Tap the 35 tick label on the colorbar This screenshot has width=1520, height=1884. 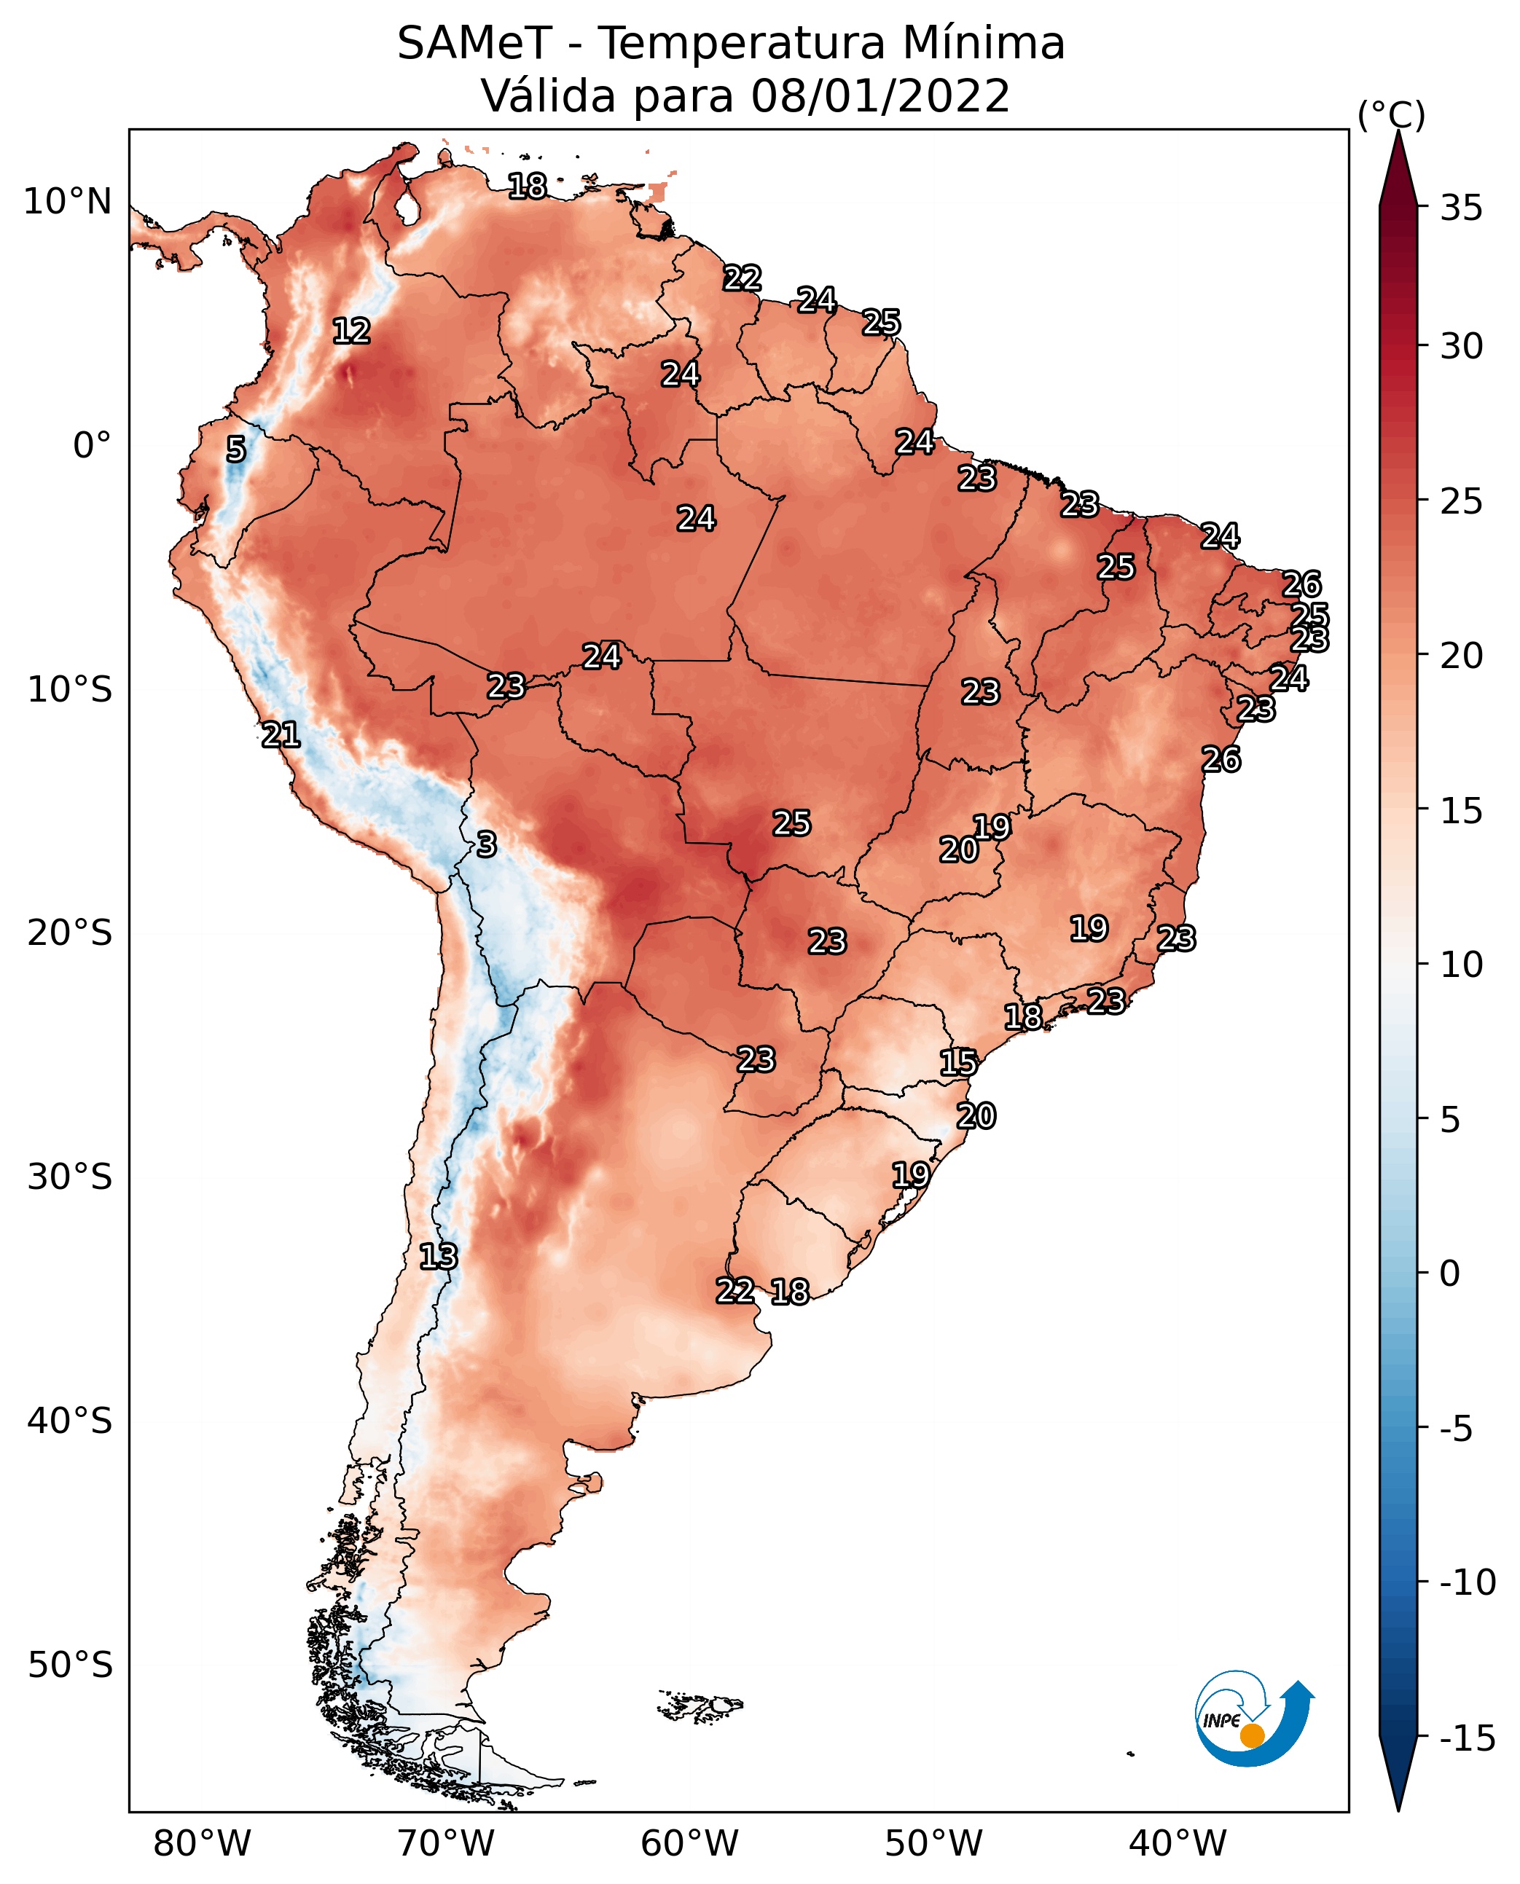tap(1461, 208)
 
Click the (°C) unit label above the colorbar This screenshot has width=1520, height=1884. tap(1390, 114)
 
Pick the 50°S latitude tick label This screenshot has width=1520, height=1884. tap(70, 1664)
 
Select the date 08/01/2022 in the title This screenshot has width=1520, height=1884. tap(880, 95)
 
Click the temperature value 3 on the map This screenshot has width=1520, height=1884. tap(487, 844)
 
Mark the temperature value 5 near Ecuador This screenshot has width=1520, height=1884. tap(235, 449)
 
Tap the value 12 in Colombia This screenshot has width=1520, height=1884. tap(352, 331)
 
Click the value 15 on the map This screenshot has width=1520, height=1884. tap(958, 1063)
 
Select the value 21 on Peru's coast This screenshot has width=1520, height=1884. tap(281, 734)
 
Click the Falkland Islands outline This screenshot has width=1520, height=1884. tap(700, 1705)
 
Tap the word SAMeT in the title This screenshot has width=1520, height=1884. tap(474, 43)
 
